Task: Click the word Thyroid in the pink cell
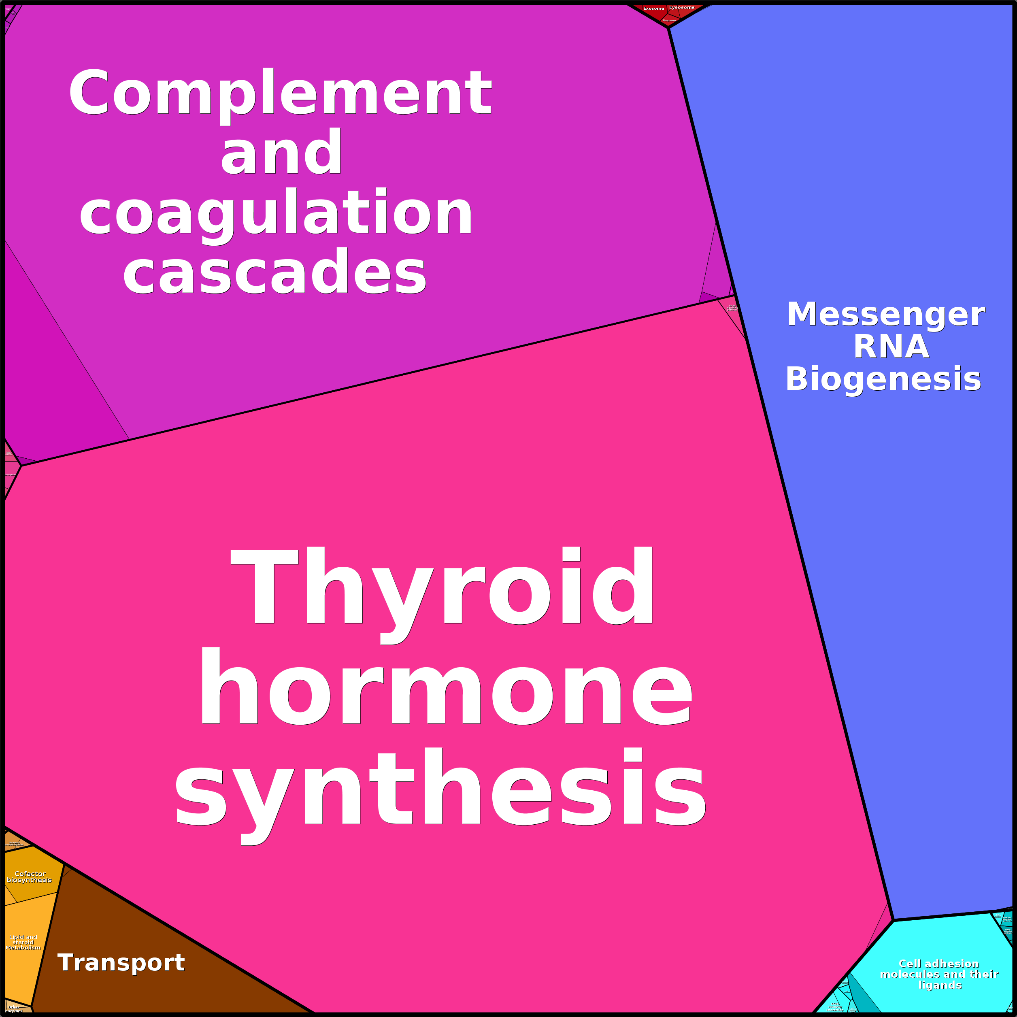coord(442,585)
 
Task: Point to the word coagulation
coord(276,214)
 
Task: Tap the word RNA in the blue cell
coord(891,347)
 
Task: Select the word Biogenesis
coord(883,379)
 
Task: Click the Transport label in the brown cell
coord(121,963)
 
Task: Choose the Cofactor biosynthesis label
coord(30,877)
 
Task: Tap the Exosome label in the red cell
coord(653,9)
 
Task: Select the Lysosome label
coord(682,7)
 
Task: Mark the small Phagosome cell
coord(669,20)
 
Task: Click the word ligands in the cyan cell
coord(940,985)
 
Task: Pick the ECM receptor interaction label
coord(835,1007)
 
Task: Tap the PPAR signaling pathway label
coord(732,307)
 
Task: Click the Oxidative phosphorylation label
coord(14,844)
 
